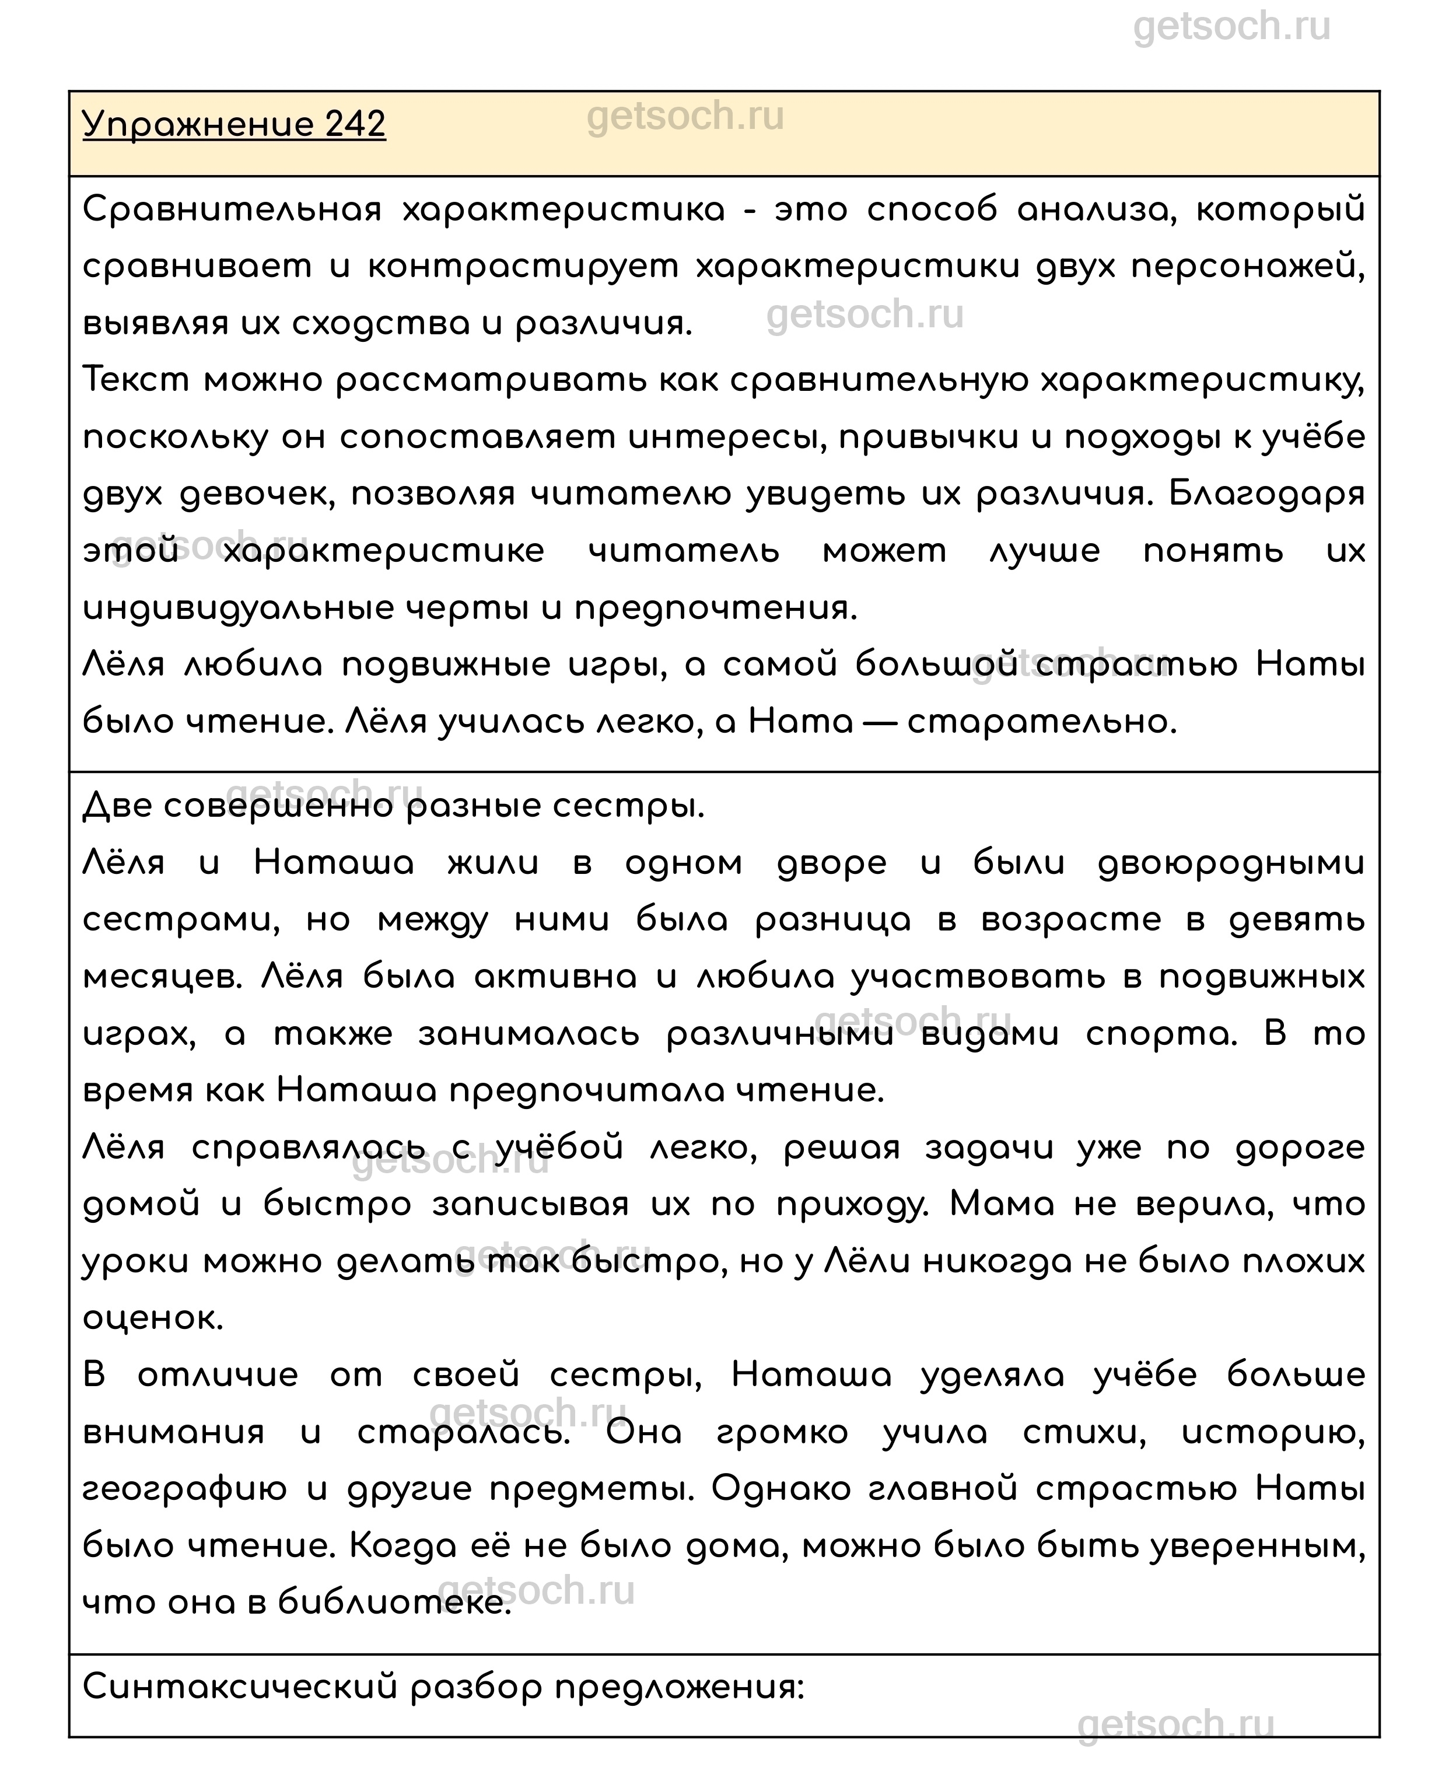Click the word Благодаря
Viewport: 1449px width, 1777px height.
click(1266, 494)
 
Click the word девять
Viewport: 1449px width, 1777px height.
click(1298, 920)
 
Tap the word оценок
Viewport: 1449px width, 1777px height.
click(153, 1317)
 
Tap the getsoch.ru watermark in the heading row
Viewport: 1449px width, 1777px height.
click(685, 116)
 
